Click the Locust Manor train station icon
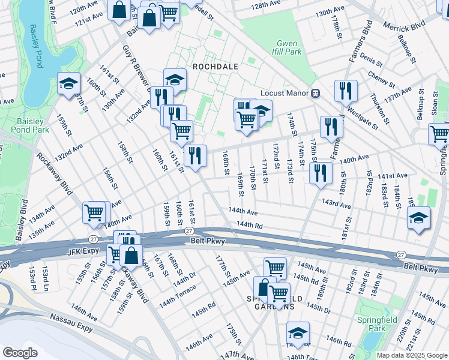(314, 93)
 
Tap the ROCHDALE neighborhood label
(215, 66)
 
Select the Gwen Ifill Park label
(289, 47)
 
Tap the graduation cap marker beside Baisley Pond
(69, 83)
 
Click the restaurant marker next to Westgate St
(346, 91)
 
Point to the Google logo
(20, 353)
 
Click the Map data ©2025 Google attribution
(411, 355)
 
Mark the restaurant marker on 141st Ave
(321, 173)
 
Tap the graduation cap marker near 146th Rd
(297, 334)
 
